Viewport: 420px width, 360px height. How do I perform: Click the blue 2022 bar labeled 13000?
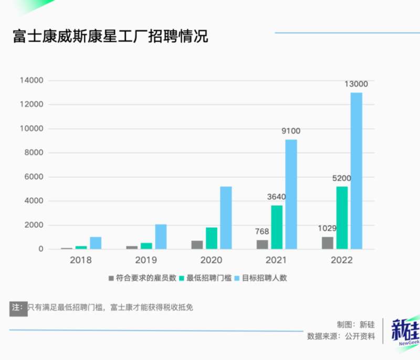[x=356, y=171]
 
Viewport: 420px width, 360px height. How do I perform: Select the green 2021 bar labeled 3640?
[x=277, y=227]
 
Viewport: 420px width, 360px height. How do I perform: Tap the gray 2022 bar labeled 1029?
[x=328, y=243]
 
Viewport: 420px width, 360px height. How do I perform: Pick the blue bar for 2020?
[x=226, y=217]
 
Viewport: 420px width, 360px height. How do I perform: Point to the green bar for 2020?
[x=212, y=238]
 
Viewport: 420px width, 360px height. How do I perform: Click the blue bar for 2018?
[x=96, y=243]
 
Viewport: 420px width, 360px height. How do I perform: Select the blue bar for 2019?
[x=161, y=237]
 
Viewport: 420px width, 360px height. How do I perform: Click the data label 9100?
[x=290, y=131]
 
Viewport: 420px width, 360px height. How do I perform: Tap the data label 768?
[x=262, y=231]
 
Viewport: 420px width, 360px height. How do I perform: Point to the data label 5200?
[x=342, y=178]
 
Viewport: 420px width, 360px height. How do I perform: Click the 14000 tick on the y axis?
[x=33, y=81]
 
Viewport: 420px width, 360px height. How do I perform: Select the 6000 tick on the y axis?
[x=35, y=177]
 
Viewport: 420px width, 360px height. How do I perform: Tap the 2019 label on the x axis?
[x=146, y=260]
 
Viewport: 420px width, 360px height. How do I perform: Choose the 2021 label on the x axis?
[x=277, y=260]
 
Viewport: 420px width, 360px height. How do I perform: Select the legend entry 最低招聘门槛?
[x=205, y=278]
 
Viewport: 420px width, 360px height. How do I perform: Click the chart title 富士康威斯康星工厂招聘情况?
[x=111, y=37]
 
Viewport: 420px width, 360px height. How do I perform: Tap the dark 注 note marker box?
[x=18, y=308]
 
